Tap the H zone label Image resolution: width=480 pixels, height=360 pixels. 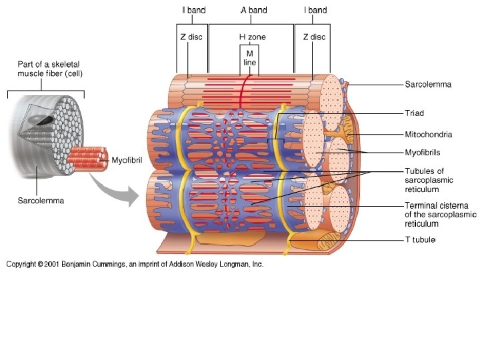[252, 37]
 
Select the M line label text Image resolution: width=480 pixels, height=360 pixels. [250, 57]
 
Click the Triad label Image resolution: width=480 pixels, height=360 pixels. [414, 113]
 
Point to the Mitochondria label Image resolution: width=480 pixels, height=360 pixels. [429, 134]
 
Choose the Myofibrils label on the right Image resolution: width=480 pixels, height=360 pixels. [423, 153]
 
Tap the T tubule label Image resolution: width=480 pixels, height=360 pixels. [420, 240]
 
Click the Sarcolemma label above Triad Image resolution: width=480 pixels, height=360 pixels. [428, 85]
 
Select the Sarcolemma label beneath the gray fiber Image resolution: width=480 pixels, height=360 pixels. [41, 200]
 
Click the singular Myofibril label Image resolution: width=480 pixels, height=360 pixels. [127, 160]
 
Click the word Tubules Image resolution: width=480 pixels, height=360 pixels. [419, 171]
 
